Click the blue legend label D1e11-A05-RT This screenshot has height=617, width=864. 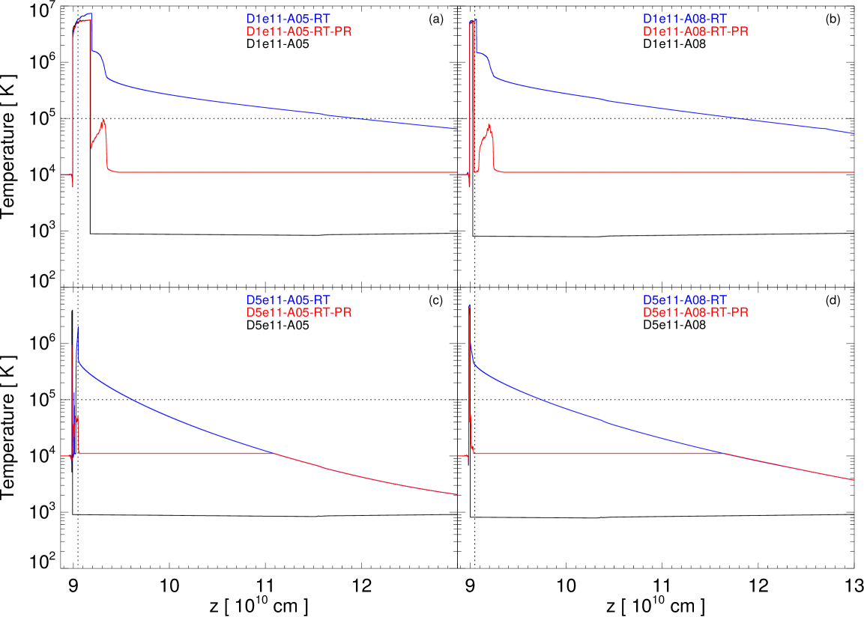pyautogui.click(x=288, y=18)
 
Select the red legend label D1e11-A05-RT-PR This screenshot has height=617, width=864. pyautogui.click(x=299, y=31)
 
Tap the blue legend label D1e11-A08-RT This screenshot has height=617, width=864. pyautogui.click(x=685, y=18)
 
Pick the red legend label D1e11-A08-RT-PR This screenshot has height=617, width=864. pyautogui.click(x=695, y=31)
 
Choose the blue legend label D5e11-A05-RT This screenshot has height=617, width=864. pyautogui.click(x=288, y=300)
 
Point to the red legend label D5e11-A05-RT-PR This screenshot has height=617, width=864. pyautogui.click(x=299, y=312)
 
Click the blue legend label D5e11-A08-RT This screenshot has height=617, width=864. pyautogui.click(x=685, y=300)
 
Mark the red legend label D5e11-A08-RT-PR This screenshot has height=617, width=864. pyautogui.click(x=695, y=312)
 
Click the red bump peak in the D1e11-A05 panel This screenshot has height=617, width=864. pyautogui.click(x=104, y=121)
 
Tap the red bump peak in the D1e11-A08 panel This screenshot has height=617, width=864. pyautogui.click(x=489, y=125)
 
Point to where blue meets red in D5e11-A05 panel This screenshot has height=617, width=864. pyautogui.click(x=274, y=454)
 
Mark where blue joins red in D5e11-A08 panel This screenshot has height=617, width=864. pyautogui.click(x=724, y=453)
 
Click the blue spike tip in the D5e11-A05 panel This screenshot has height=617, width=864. pyautogui.click(x=78, y=327)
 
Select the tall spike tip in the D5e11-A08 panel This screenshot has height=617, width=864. pyautogui.click(x=469, y=305)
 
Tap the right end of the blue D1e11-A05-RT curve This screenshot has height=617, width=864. pyautogui.click(x=456, y=129)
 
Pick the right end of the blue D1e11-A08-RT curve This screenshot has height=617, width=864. pyautogui.click(x=854, y=133)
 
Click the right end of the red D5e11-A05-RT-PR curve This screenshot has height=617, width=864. pyautogui.click(x=456, y=493)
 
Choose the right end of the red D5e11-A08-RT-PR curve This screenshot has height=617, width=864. pyautogui.click(x=854, y=479)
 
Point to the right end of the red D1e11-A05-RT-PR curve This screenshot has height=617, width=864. pyautogui.click(x=456, y=172)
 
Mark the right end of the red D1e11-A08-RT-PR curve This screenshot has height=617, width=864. pyautogui.click(x=854, y=172)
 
